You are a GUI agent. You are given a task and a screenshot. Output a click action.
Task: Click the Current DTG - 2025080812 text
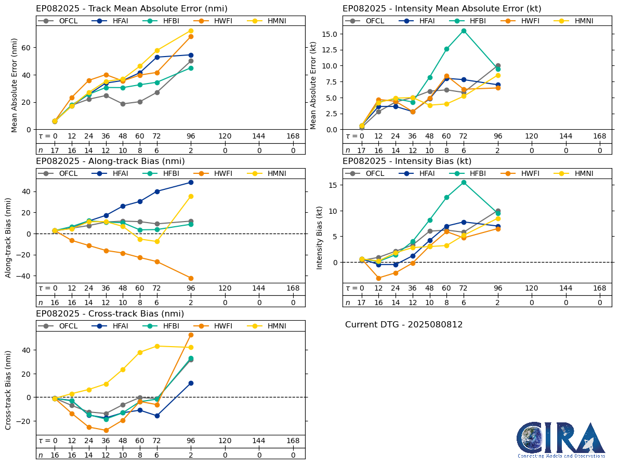point(404,325)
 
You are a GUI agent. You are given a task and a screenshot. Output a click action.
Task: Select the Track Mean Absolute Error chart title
point(131,9)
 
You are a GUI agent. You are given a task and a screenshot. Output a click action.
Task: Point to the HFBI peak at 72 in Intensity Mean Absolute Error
point(464,31)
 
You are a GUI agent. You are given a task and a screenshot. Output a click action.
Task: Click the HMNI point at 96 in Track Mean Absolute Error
point(191,31)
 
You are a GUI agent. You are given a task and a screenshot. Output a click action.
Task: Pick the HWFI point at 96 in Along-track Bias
point(191,278)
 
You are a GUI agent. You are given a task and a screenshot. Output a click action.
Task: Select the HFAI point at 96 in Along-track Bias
point(191,182)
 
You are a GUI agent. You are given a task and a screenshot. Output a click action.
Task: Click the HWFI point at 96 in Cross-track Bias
point(191,335)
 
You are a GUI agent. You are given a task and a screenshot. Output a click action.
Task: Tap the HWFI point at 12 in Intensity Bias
point(378,278)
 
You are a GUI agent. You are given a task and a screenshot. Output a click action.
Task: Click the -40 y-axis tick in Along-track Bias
point(24,276)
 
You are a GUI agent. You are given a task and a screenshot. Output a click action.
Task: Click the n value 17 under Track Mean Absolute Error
point(55,150)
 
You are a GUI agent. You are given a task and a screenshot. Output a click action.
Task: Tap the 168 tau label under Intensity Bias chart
point(600,289)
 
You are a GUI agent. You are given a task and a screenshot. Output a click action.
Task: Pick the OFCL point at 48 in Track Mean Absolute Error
point(123,104)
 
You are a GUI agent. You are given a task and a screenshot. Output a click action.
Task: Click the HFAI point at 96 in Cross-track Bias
point(191,383)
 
